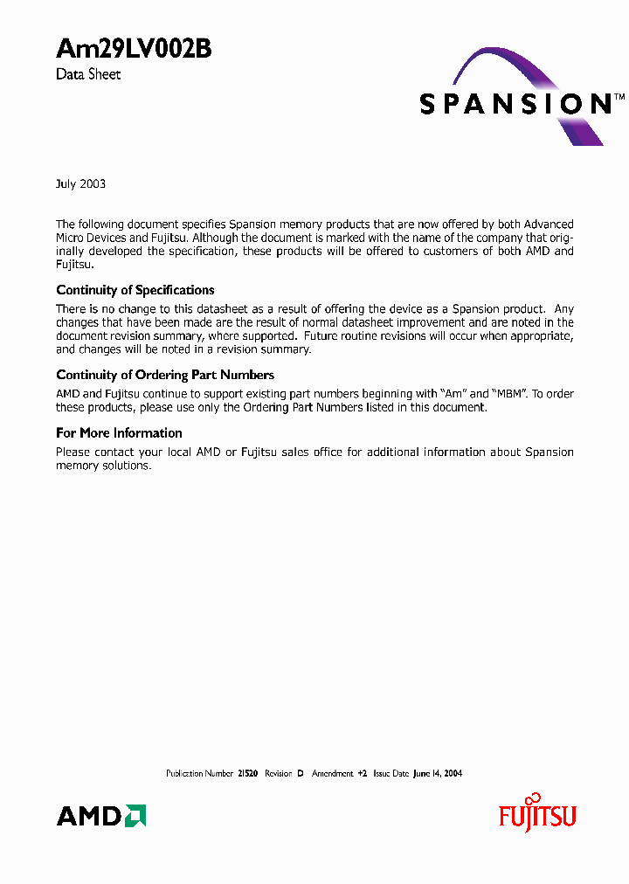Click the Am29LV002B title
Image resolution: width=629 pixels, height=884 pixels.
(x=134, y=50)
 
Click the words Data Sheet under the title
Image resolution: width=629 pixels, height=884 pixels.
(x=88, y=74)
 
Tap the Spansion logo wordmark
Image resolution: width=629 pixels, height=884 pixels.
(x=515, y=104)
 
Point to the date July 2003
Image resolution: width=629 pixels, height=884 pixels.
(x=80, y=183)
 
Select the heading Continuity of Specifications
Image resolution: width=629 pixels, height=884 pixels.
(x=135, y=290)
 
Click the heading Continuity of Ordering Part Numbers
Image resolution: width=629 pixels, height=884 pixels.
(x=165, y=375)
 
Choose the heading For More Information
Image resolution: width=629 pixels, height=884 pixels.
(x=119, y=432)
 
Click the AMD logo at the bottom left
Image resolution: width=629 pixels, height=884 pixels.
(x=101, y=816)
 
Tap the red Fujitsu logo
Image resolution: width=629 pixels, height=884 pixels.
(x=537, y=816)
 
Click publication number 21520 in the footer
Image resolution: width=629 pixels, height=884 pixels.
(x=247, y=774)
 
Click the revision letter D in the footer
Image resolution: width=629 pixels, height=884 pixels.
(x=300, y=774)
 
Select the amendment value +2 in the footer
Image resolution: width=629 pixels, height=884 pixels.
(x=362, y=774)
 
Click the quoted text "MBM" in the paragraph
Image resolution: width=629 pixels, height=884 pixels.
(x=509, y=394)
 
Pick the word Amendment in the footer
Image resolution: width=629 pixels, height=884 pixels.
(x=332, y=774)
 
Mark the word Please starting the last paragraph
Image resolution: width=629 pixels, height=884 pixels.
(x=73, y=452)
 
